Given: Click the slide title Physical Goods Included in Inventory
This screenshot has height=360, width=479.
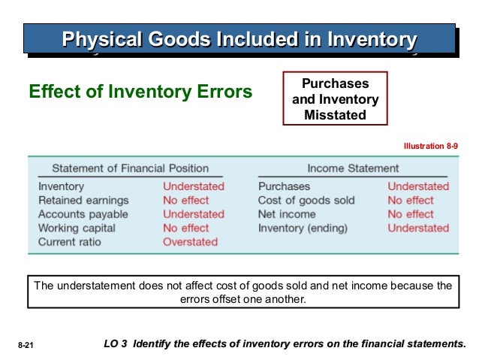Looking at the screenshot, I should pyautogui.click(x=239, y=38).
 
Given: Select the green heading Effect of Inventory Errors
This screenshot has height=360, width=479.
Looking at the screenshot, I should pyautogui.click(x=140, y=92).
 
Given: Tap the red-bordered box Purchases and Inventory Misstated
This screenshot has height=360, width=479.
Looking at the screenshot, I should pyautogui.click(x=335, y=98).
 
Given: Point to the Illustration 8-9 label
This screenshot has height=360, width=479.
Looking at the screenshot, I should pyautogui.click(x=431, y=147).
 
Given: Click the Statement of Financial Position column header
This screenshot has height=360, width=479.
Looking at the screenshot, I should pyautogui.click(x=130, y=168).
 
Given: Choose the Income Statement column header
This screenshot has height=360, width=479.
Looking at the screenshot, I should pyautogui.click(x=353, y=168).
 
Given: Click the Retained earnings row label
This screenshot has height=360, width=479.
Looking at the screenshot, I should pyautogui.click(x=83, y=201).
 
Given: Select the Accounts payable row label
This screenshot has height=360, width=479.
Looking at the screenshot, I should pyautogui.click(x=83, y=214).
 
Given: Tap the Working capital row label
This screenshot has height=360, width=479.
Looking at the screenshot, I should pyautogui.click(x=77, y=228).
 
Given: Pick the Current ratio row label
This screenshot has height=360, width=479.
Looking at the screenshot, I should pyautogui.click(x=70, y=242).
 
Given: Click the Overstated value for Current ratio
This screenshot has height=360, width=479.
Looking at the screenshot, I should pyautogui.click(x=191, y=242).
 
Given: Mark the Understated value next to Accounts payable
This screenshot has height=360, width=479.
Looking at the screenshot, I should pyautogui.click(x=194, y=214).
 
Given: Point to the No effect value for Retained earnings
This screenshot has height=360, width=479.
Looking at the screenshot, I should pyautogui.click(x=186, y=201).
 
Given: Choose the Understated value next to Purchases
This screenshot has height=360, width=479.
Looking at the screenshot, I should pyautogui.click(x=418, y=186).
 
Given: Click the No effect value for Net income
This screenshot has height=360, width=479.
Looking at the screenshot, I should pyautogui.click(x=411, y=214).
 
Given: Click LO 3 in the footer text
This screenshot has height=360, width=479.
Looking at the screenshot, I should pyautogui.click(x=113, y=344).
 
